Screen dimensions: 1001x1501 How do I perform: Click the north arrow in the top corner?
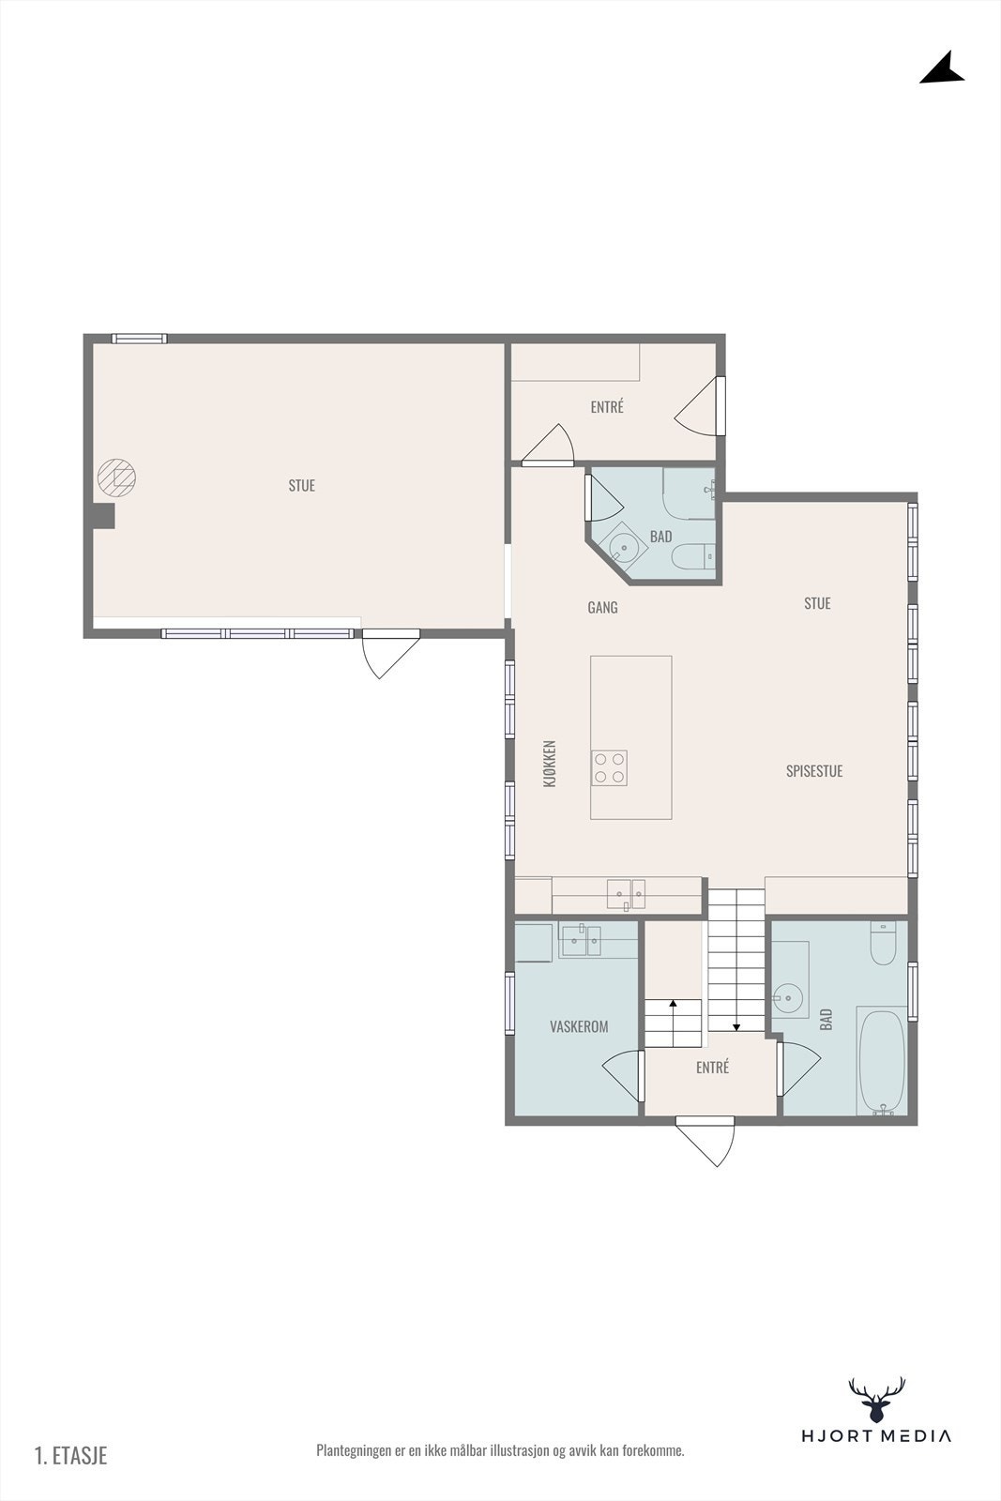tap(944, 69)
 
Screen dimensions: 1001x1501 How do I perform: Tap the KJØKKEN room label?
tap(550, 764)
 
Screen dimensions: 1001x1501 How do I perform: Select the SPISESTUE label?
tap(814, 770)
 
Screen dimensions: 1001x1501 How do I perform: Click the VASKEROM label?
tap(579, 1026)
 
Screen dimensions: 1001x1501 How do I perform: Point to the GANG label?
tap(602, 607)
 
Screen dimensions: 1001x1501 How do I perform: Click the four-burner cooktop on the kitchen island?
tap(609, 768)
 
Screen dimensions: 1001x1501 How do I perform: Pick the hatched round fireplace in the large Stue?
tap(116, 478)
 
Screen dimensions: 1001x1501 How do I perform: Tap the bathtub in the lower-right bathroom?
tap(882, 1061)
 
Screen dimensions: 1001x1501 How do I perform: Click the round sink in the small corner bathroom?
tap(624, 547)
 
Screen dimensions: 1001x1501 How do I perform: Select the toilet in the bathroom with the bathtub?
tap(883, 943)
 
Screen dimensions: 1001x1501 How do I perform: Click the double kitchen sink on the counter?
tap(626, 895)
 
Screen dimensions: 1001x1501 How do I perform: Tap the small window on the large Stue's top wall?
tap(139, 339)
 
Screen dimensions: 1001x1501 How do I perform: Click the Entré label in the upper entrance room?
tap(607, 407)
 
